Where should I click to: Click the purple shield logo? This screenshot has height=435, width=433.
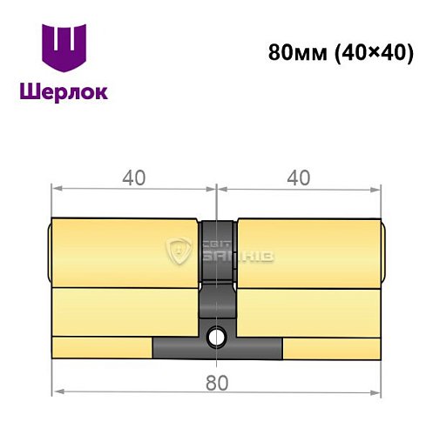tap(65, 49)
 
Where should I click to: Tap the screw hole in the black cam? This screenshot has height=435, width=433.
tap(216, 334)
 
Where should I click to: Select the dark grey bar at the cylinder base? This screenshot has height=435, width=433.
tap(217, 348)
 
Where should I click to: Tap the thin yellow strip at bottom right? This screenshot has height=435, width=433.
tap(331, 347)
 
